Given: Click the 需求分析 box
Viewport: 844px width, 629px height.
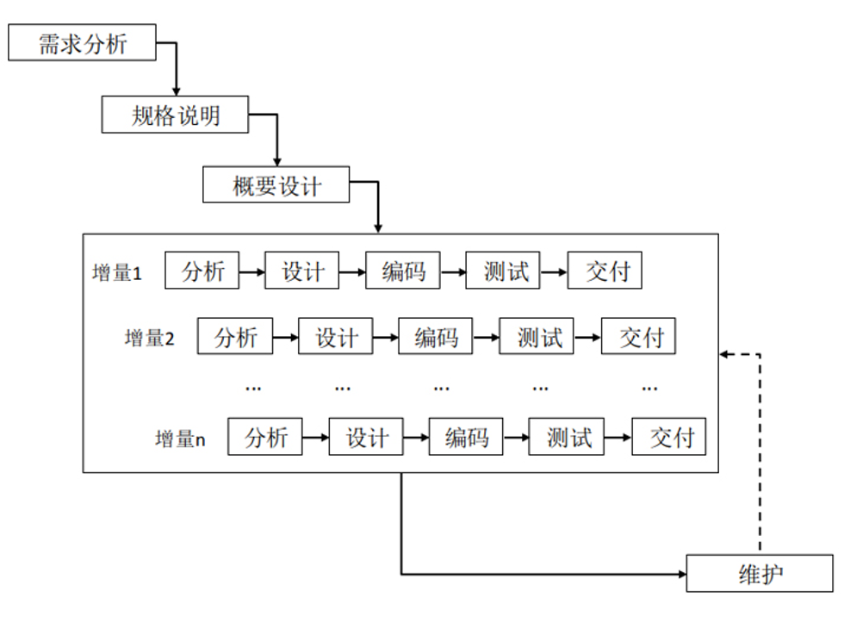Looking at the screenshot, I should click(x=83, y=43).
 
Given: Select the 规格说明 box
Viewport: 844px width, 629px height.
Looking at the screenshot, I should click(x=175, y=115).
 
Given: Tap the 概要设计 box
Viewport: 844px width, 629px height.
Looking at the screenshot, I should click(x=276, y=184).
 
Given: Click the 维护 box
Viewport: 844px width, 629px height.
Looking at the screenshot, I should click(x=760, y=573).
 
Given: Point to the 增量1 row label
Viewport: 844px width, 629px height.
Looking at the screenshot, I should click(x=116, y=273).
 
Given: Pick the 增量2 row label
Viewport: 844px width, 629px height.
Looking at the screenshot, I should click(x=149, y=338).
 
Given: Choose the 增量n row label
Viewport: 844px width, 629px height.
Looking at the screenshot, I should click(x=180, y=439).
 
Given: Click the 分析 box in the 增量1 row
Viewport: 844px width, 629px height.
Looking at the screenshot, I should click(x=202, y=271).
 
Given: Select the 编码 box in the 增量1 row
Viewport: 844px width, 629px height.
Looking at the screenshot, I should click(x=403, y=271).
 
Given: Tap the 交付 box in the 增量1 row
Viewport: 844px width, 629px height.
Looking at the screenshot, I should click(x=606, y=271).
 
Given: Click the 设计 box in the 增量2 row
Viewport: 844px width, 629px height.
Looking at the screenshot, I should click(x=336, y=337).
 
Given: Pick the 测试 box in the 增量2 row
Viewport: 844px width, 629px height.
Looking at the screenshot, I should click(x=538, y=337).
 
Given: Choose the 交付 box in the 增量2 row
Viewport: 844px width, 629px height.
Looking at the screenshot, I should click(x=639, y=337).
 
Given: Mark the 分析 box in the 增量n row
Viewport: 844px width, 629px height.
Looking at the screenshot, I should click(x=265, y=437).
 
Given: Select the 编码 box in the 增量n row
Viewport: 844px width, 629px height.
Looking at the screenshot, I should click(x=466, y=437).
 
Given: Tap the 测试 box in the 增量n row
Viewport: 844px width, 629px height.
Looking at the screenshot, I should click(x=568, y=437).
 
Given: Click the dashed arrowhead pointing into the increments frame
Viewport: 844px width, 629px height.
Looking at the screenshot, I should click(x=725, y=353).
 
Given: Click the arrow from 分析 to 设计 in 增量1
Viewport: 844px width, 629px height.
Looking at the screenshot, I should click(x=251, y=272).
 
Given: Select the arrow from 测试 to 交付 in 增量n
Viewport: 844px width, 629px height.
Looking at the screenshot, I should click(x=618, y=438).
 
